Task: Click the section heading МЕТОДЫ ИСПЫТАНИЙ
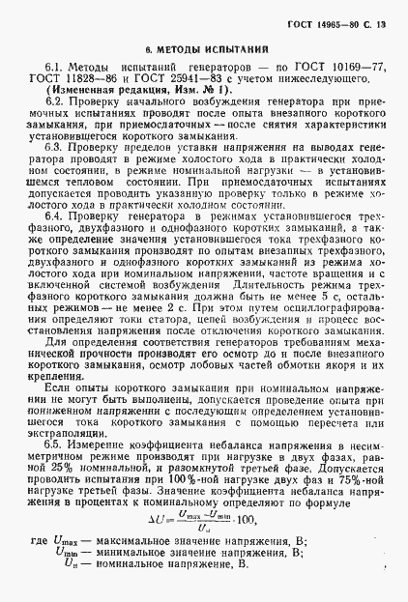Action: click(x=205, y=47)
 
